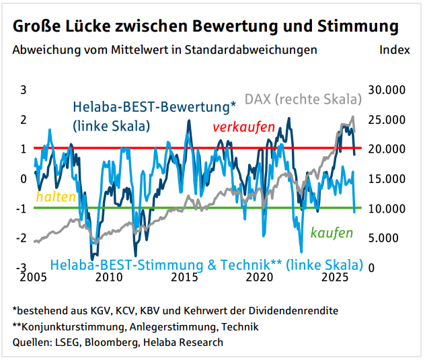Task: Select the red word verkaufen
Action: click(x=243, y=127)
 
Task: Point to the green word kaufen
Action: click(x=332, y=233)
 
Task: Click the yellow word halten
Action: click(x=55, y=196)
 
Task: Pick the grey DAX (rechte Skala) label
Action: click(x=303, y=99)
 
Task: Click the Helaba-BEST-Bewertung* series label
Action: click(x=155, y=107)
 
